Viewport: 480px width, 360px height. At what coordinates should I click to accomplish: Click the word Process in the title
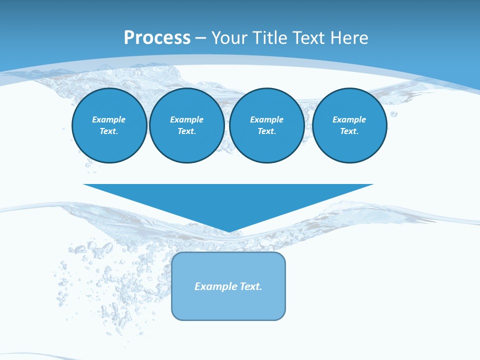157,38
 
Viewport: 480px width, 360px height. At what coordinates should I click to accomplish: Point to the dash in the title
200,38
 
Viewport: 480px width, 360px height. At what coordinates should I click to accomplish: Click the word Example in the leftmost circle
109,119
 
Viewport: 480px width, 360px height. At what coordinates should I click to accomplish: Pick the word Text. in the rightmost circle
349,131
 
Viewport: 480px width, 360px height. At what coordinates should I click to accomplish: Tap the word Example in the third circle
267,119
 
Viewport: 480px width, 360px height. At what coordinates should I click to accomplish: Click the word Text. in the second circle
187,131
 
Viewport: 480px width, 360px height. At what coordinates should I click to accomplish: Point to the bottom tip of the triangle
228,231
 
